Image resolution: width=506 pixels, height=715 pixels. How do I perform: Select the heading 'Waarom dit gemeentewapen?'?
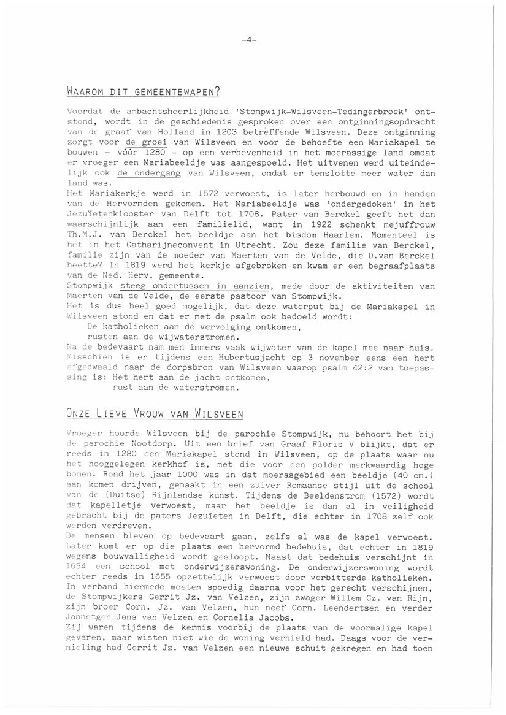point(144,93)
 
